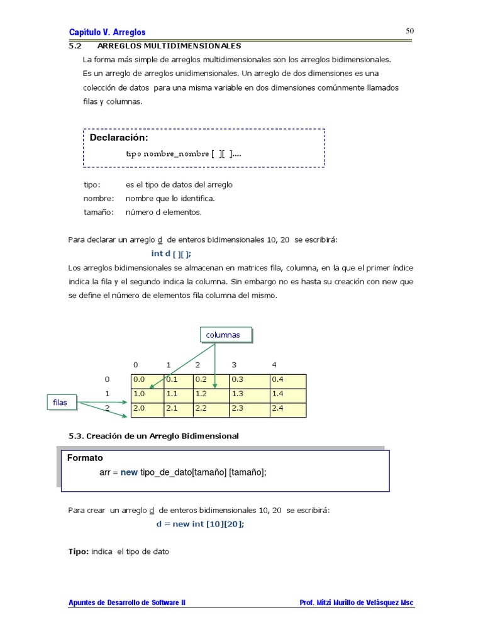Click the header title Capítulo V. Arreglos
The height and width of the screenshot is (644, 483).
tap(107, 32)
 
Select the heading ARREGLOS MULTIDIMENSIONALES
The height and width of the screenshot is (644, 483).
tap(169, 46)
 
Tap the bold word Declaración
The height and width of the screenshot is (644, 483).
tap(119, 138)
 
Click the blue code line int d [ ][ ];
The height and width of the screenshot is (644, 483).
tap(171, 253)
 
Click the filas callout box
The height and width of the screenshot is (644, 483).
tap(62, 402)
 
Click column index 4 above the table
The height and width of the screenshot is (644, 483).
tap(274, 365)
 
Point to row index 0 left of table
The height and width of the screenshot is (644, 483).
tap(107, 379)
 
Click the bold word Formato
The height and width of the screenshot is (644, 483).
tap(85, 458)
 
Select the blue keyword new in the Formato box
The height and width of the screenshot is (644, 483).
tap(129, 472)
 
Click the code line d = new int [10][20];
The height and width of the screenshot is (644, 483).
tap(200, 524)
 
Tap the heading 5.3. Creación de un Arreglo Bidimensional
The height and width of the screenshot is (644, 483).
tap(153, 436)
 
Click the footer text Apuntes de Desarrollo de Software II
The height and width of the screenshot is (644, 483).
tap(127, 602)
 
